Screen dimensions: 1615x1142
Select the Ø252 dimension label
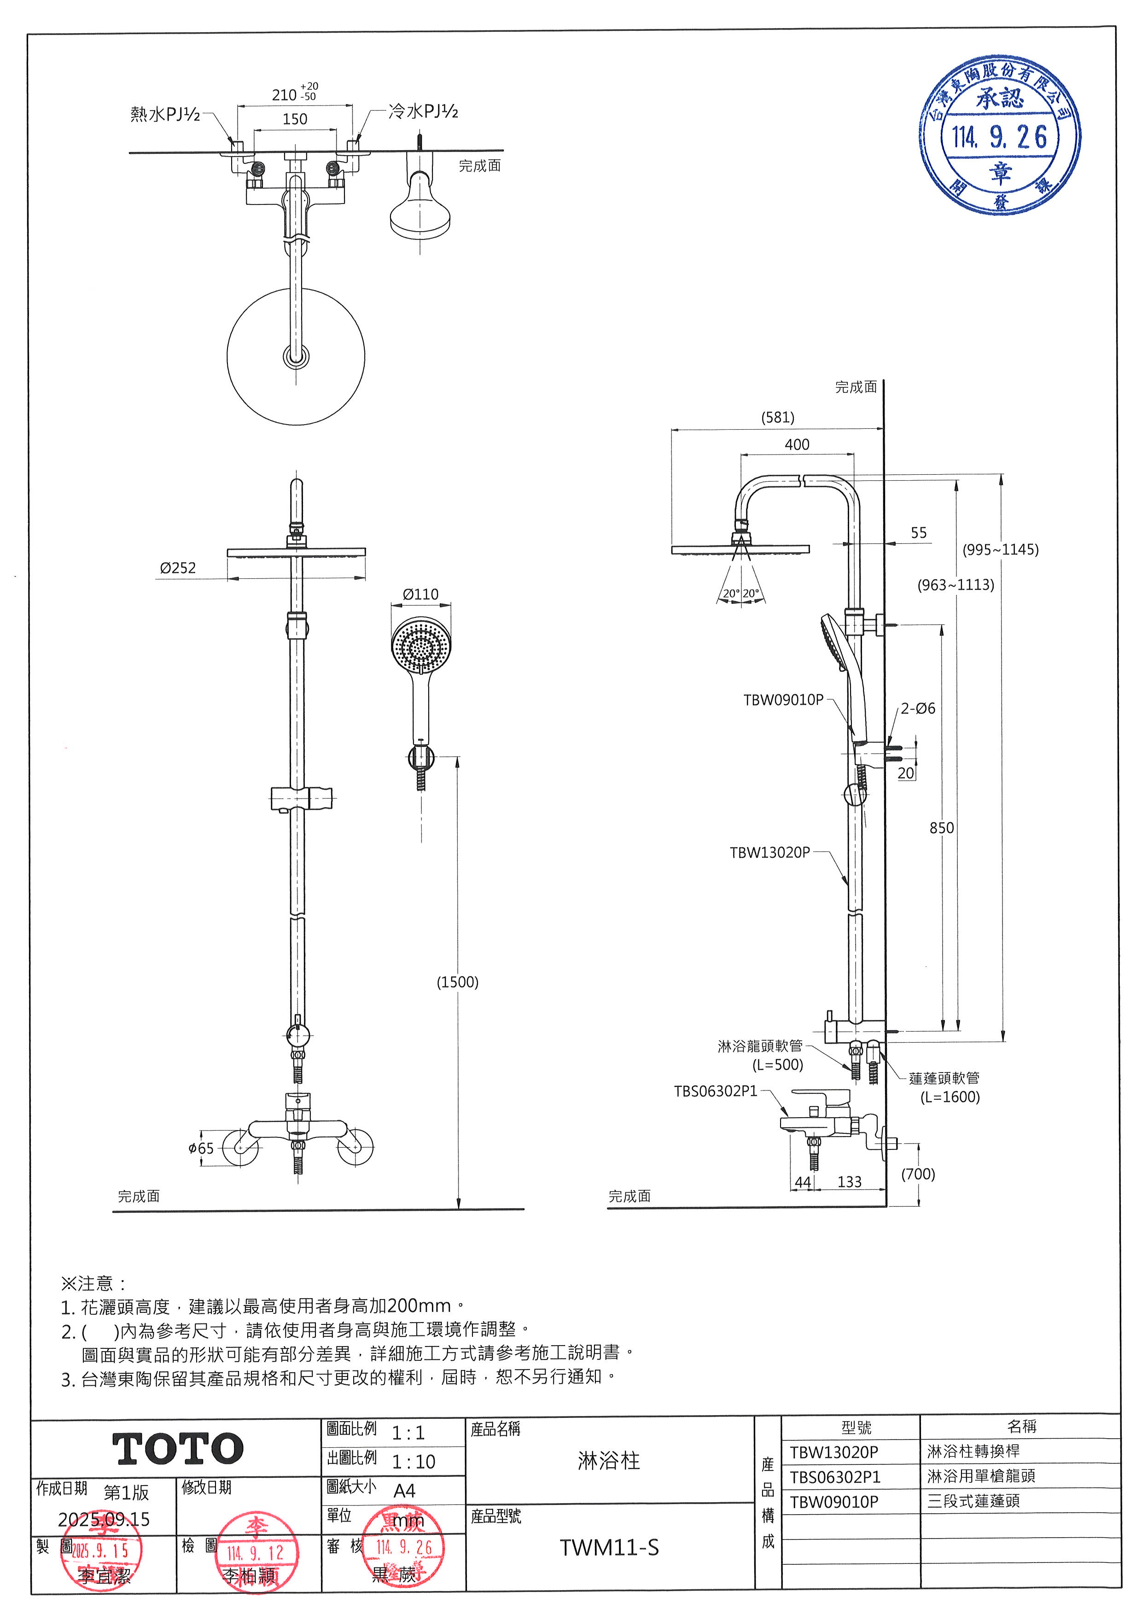pyautogui.click(x=177, y=568)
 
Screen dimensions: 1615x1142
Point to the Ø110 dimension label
pyautogui.click(x=420, y=595)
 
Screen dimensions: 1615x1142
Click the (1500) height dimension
pyautogui.click(x=458, y=982)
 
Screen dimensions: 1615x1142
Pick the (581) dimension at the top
pyautogui.click(x=778, y=417)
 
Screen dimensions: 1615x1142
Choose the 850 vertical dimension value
pyautogui.click(x=942, y=828)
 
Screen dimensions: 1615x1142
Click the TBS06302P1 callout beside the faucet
pyautogui.click(x=715, y=1091)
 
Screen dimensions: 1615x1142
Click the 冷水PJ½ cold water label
pyautogui.click(x=423, y=111)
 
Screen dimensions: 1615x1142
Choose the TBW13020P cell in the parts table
pyautogui.click(x=834, y=1452)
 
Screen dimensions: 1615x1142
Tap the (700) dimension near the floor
pyautogui.click(x=918, y=1174)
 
